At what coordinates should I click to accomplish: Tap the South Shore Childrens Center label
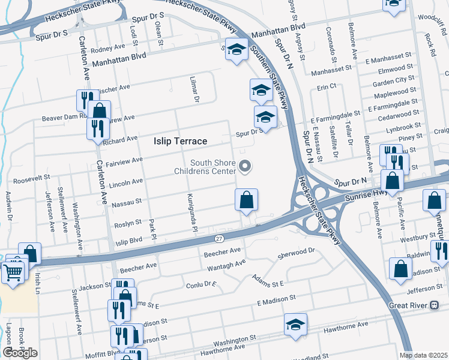(x=213, y=167)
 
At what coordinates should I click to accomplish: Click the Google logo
(x=20, y=353)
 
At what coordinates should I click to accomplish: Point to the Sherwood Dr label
(x=297, y=253)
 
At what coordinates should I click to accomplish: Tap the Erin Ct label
(x=327, y=87)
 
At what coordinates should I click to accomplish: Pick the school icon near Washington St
(x=295, y=325)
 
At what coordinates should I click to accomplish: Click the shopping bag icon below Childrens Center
(x=246, y=200)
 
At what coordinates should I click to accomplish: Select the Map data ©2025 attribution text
(x=424, y=355)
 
